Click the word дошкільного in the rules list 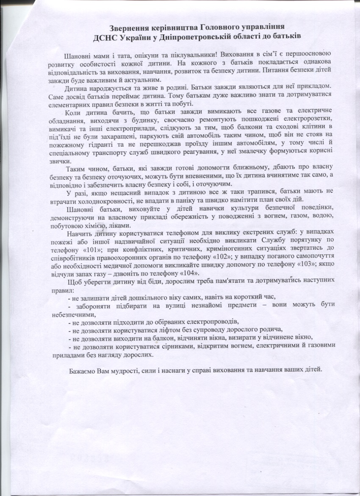(155, 296)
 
